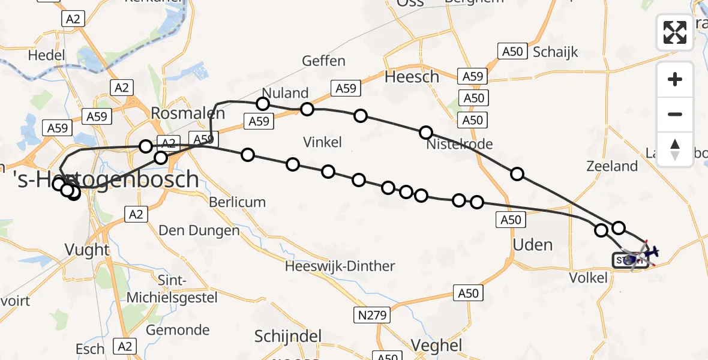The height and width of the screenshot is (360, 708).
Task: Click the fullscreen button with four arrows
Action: [675, 32]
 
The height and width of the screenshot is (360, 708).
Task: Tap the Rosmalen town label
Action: [188, 113]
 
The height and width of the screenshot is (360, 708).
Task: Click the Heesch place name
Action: [412, 77]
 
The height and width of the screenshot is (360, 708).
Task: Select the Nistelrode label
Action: [459, 145]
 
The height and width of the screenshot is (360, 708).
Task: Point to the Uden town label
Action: [533, 245]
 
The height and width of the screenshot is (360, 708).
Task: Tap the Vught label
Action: [88, 250]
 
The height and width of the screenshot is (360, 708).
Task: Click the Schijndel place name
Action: [288, 336]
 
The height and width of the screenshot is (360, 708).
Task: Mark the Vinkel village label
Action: [322, 142]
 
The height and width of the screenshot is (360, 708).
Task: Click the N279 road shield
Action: [372, 314]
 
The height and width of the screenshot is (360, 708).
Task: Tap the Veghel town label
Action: [437, 345]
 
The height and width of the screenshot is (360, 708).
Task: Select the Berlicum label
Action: [237, 202]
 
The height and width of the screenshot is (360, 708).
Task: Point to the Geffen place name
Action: [323, 61]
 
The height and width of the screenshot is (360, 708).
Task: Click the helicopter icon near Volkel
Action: [641, 254]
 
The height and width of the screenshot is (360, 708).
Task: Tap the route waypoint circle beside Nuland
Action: [263, 104]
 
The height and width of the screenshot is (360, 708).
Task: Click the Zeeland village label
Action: [612, 166]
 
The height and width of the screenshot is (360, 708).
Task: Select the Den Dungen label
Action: [199, 230]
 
